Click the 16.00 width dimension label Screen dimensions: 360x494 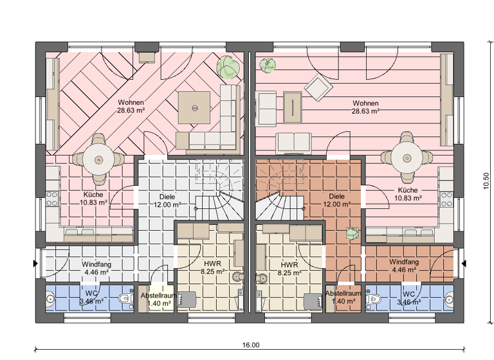click(x=251, y=345)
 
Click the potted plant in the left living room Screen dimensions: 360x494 click(x=226, y=66)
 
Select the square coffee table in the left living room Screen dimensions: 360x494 click(x=194, y=107)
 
